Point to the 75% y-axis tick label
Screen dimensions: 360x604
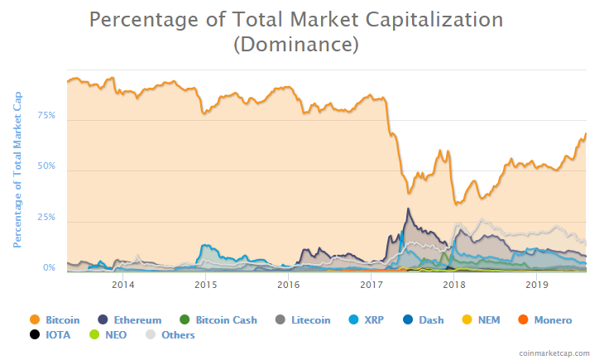pos(46,116)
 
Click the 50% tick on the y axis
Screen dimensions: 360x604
pos(46,166)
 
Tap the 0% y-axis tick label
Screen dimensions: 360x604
pos(49,268)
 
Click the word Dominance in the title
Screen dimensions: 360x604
pos(296,46)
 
